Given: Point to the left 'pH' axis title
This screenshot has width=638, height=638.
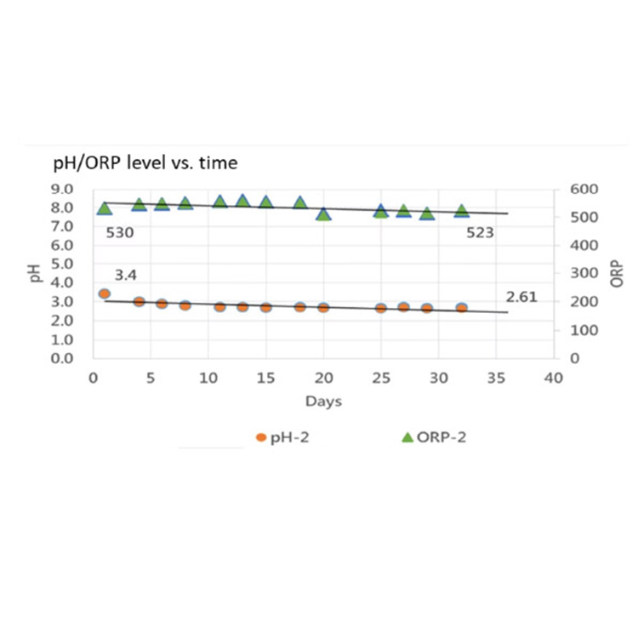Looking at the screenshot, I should pos(37,272).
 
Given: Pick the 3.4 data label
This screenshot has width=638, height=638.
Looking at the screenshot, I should pos(125,274).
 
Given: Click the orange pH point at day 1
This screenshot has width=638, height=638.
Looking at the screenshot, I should pos(105,293).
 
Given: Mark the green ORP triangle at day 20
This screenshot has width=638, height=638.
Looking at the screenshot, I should pos(323,214).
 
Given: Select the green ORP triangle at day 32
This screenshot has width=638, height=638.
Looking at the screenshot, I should pos(462,211).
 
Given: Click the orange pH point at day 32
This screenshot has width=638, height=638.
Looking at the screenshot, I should pos(462,308).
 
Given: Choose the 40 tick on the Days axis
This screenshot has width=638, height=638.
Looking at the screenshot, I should pos(554,377).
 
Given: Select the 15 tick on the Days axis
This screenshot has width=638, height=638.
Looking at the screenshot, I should pos(265,377).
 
